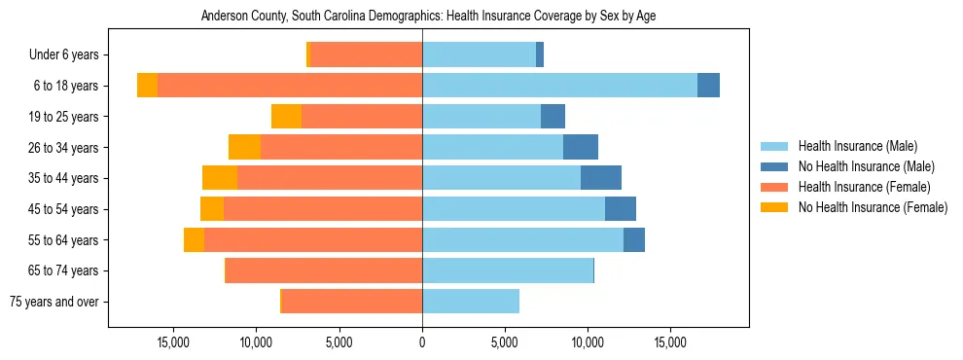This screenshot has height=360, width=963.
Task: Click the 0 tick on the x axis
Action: pyautogui.click(x=422, y=343)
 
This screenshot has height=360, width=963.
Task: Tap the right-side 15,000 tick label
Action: pyautogui.click(x=670, y=343)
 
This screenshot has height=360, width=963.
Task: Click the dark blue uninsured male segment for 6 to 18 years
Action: pyautogui.click(x=708, y=86)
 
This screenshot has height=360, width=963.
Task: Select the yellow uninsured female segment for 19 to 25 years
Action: pyautogui.click(x=286, y=117)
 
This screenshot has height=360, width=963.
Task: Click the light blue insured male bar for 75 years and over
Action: pyautogui.click(x=471, y=302)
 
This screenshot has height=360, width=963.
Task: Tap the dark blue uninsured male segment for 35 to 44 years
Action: pyautogui.click(x=601, y=178)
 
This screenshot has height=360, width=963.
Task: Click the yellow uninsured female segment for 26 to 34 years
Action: pyautogui.click(x=244, y=147)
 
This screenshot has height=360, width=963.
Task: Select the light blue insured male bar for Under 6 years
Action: pyautogui.click(x=479, y=55)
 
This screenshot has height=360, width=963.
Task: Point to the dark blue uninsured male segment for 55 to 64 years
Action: pyautogui.click(x=634, y=239)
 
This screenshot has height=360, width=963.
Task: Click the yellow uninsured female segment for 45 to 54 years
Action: pyautogui.click(x=212, y=209)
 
